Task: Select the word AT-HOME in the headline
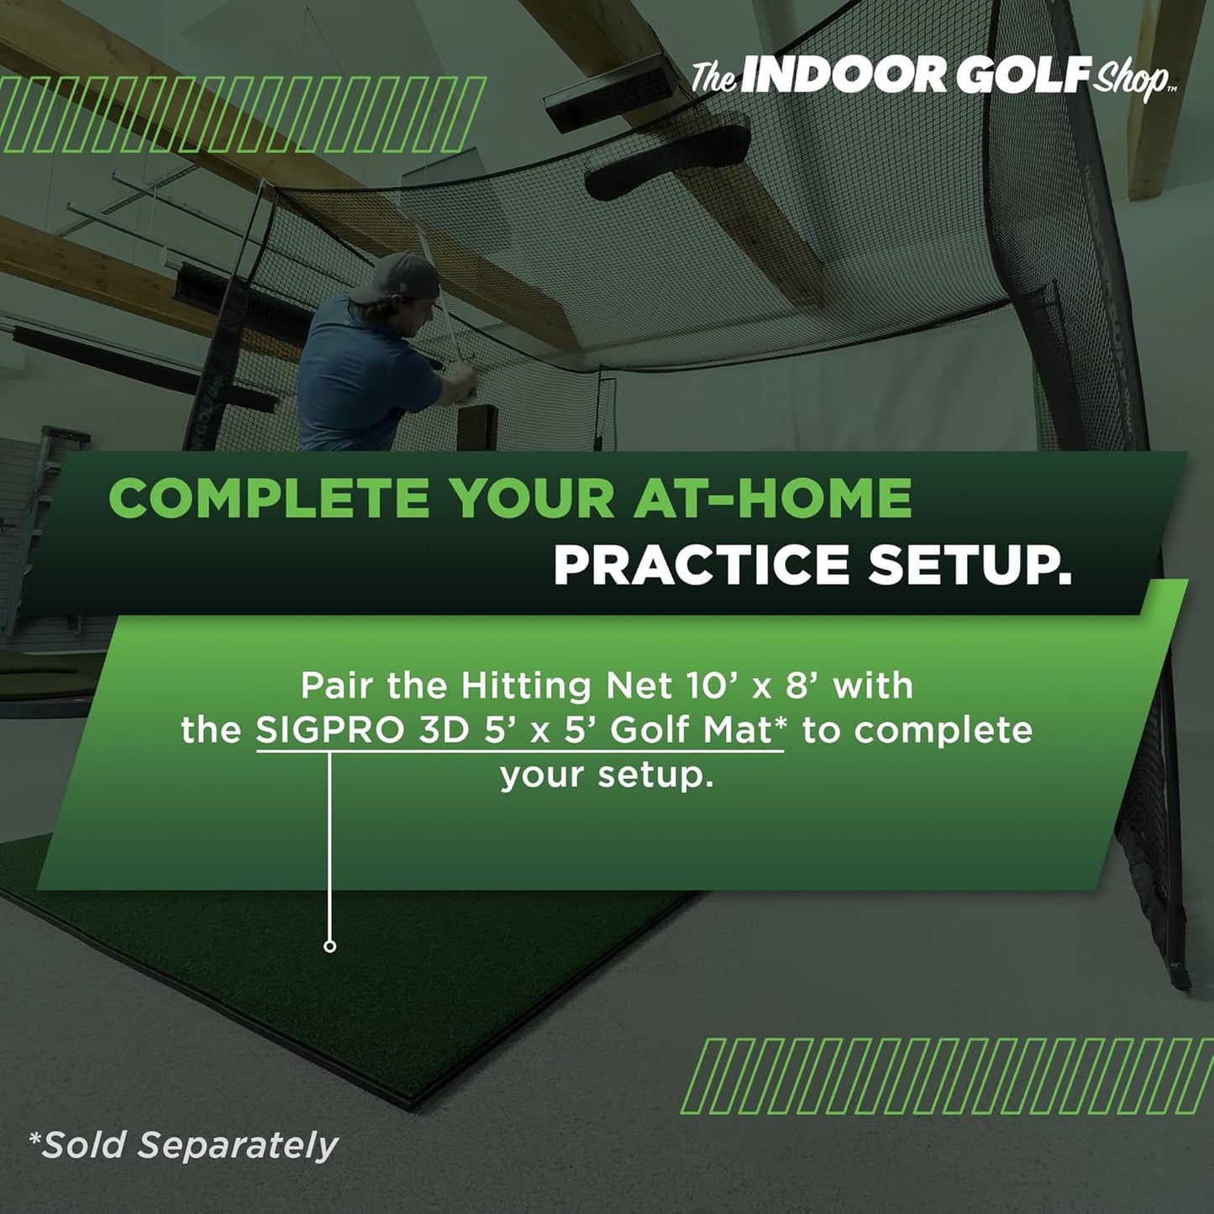(772, 498)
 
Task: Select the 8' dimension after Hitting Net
(801, 686)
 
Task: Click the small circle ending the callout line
(330, 946)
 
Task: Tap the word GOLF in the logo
(1022, 76)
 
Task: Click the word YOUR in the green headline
(531, 498)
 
